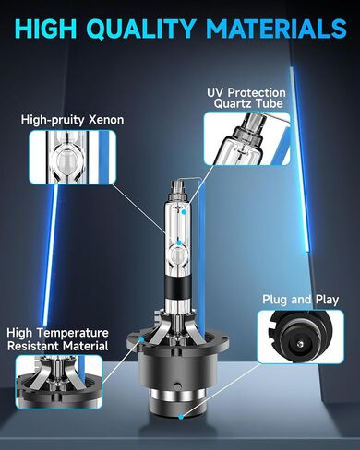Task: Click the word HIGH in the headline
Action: click(45, 29)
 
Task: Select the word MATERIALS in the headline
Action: click(277, 29)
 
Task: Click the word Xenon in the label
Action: click(106, 120)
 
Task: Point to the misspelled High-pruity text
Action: click(54, 120)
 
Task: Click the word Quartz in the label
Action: click(233, 103)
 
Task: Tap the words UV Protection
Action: click(246, 92)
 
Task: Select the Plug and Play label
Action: click(300, 300)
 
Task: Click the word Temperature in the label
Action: click(75, 333)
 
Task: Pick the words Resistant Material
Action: click(58, 346)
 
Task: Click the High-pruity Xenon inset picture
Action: click(72, 157)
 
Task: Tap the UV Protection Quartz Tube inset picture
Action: click(247, 138)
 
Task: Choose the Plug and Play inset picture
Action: click(300, 337)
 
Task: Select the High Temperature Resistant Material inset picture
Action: click(59, 382)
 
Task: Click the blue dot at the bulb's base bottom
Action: click(181, 417)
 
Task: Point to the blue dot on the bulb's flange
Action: click(141, 338)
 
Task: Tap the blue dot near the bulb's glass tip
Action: click(184, 212)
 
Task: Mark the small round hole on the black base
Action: click(176, 385)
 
